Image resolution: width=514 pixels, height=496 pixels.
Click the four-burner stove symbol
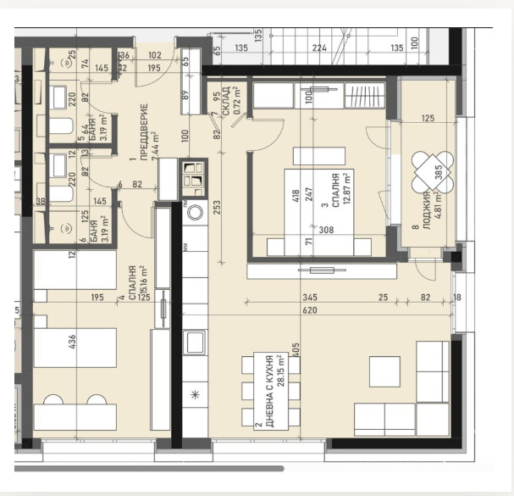[x=194, y=176]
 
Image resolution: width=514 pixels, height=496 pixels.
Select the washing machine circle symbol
[x=194, y=212]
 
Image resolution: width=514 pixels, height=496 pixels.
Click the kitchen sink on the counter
[x=194, y=343]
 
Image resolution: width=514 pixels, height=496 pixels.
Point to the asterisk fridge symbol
[x=194, y=395]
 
